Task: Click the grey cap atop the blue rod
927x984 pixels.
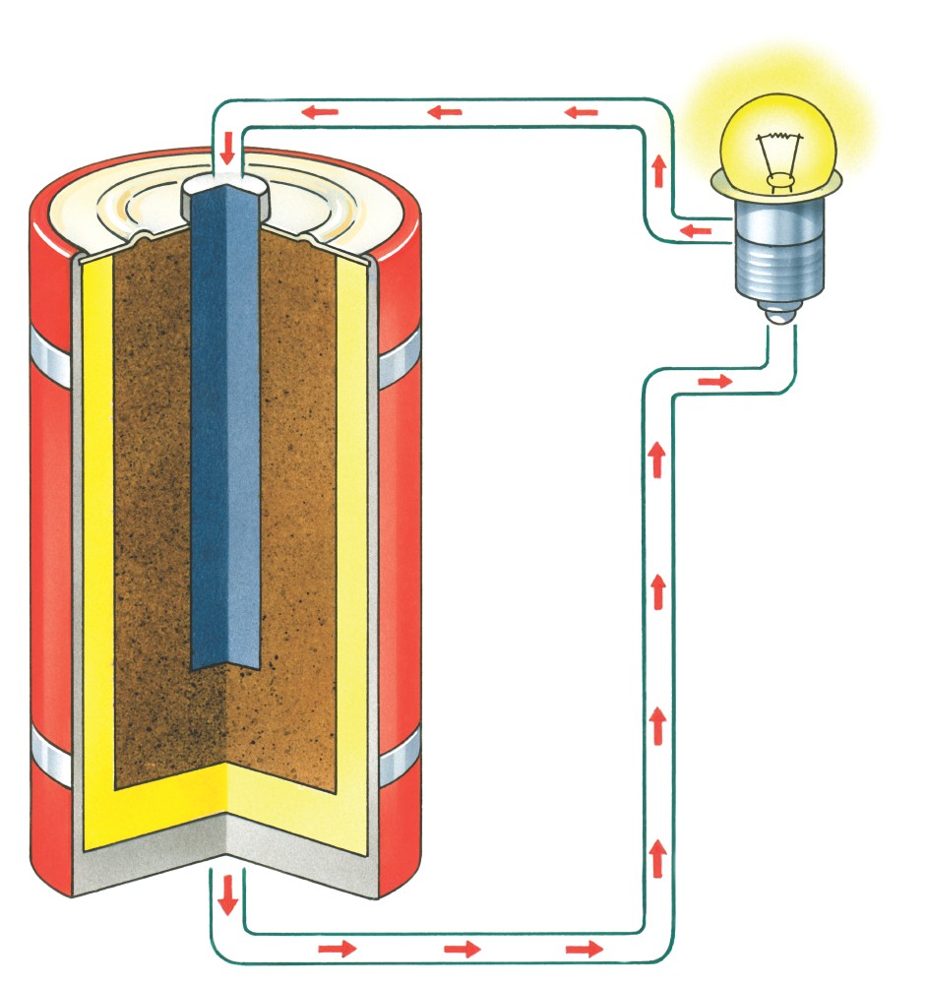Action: point(226,187)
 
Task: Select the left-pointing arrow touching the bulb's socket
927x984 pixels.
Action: point(696,231)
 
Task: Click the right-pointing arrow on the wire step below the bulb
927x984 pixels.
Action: point(719,381)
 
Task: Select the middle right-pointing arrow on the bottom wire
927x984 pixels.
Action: point(463,950)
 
